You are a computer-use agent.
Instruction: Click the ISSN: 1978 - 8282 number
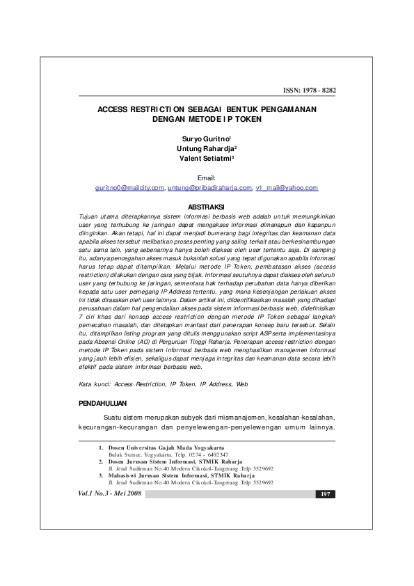pyautogui.click(x=308, y=90)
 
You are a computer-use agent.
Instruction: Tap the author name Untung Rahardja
pyautogui.click(x=206, y=148)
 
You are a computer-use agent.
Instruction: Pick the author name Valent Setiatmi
pyautogui.click(x=206, y=158)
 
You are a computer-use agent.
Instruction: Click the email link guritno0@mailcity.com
pyautogui.click(x=129, y=188)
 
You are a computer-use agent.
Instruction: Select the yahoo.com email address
pyautogui.click(x=287, y=188)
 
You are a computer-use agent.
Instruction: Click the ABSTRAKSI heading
pyautogui.click(x=207, y=207)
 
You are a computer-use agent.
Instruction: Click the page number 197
pyautogui.click(x=325, y=494)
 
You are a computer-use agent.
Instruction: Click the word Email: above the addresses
pyautogui.click(x=207, y=178)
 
